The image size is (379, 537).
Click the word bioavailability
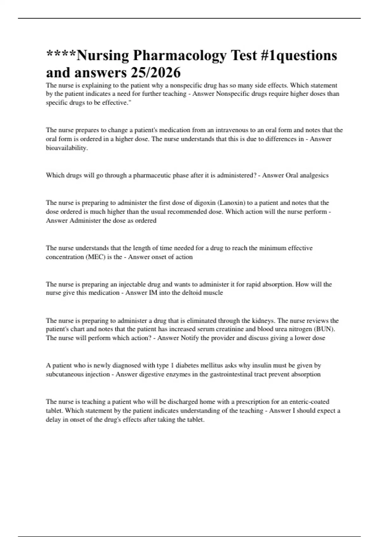coord(66,148)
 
